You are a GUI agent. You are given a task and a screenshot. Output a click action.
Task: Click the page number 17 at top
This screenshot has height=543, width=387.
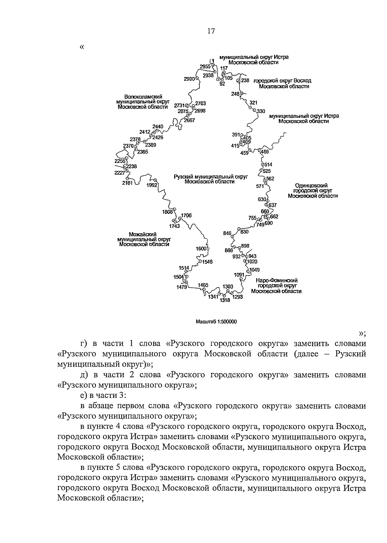click(x=211, y=31)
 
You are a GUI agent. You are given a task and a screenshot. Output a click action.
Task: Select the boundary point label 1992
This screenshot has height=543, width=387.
click(x=152, y=185)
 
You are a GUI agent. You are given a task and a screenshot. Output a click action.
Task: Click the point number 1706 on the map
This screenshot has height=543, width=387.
click(x=186, y=216)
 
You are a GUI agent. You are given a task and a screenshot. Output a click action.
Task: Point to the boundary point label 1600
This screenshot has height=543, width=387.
click(x=201, y=249)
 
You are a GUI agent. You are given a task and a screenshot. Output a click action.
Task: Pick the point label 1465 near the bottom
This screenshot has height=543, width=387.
click(x=203, y=285)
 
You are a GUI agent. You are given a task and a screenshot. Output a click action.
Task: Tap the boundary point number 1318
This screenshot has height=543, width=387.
click(x=225, y=300)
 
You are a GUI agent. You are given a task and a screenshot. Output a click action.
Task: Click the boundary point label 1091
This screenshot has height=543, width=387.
click(x=239, y=275)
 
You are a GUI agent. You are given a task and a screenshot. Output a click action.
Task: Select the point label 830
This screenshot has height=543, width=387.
click(x=244, y=232)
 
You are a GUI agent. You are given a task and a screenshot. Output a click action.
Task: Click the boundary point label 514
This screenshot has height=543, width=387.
click(x=268, y=165)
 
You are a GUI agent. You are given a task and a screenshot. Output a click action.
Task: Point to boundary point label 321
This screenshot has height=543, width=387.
click(x=253, y=103)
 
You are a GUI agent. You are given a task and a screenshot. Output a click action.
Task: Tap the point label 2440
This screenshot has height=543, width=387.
click(x=158, y=126)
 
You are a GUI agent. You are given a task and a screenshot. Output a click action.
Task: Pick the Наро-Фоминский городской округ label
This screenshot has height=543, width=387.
click(x=276, y=286)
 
